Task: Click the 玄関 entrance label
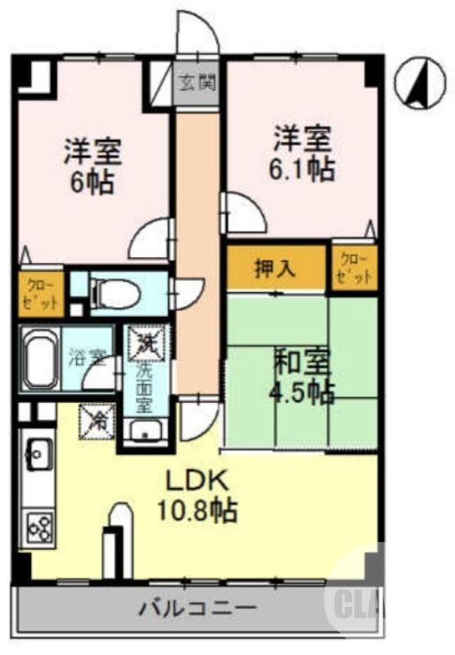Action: coord(196,84)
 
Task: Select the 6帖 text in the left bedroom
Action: coord(92,180)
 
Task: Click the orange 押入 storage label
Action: coord(277,267)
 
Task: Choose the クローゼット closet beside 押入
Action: coord(354,267)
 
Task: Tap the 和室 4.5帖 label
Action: coord(301,374)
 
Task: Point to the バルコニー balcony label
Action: coord(196,608)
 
